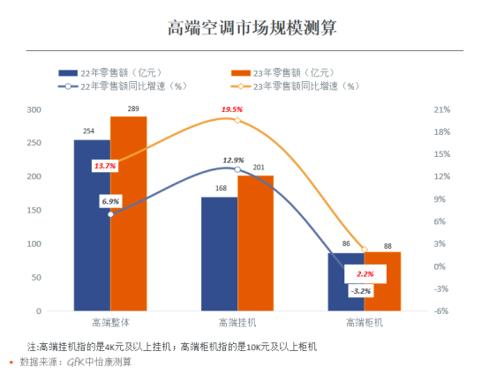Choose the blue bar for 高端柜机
[346, 281]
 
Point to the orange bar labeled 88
[382, 281]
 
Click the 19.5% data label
[232, 109]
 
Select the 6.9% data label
[110, 201]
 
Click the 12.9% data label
[233, 160]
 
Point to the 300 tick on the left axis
[34, 109]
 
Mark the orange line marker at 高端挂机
[237, 120]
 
